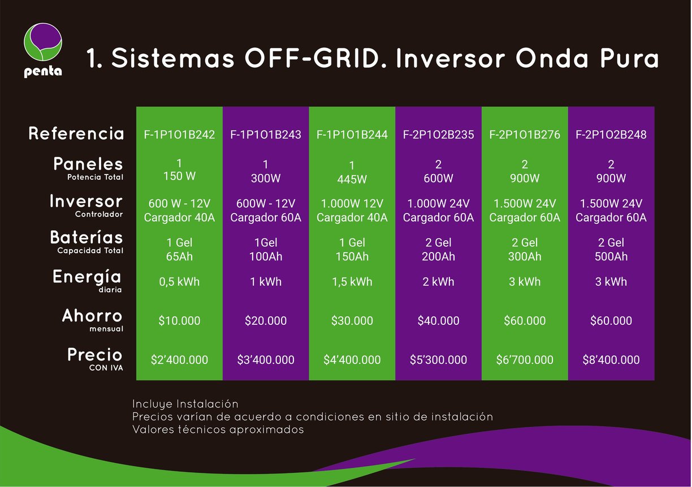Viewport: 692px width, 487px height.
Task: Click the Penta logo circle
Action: coord(43,42)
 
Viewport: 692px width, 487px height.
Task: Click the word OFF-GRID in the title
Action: coord(312,58)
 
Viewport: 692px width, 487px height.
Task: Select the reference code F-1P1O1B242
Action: coord(179,134)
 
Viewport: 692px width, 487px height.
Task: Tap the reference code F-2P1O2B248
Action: coord(611,134)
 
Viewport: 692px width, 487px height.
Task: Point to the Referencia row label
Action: coord(76,134)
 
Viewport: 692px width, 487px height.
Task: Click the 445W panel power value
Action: coord(352,179)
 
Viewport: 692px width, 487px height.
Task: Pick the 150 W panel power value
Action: coord(179,176)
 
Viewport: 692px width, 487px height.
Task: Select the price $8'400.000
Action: coord(611,360)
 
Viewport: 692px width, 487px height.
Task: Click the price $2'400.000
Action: coord(179,360)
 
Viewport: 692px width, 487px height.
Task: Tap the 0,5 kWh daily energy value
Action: coord(179,282)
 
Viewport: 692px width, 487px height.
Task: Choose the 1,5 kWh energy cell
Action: coord(352,282)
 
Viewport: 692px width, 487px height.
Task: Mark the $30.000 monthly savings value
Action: coord(352,321)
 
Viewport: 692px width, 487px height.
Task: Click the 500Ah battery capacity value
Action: coord(611,256)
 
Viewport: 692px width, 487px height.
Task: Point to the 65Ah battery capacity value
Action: coord(179,256)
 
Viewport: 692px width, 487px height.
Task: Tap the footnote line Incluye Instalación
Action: coord(185,404)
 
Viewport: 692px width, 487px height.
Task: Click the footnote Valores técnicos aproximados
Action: coord(218,429)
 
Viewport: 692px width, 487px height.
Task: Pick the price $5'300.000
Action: coord(438,360)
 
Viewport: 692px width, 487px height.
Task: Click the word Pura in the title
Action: coord(629,58)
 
